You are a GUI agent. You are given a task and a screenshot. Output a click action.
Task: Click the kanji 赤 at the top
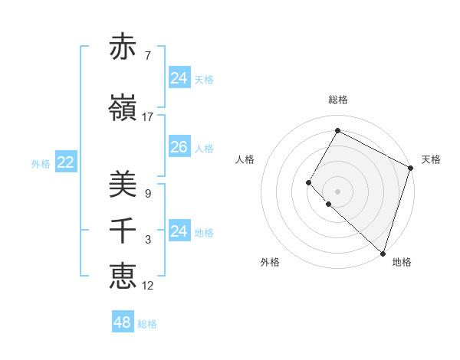point(123,47)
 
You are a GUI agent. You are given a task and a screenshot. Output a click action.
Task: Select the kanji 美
point(123,185)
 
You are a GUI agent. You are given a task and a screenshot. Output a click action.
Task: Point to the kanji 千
point(123,231)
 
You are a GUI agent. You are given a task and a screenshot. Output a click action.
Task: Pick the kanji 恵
point(123,275)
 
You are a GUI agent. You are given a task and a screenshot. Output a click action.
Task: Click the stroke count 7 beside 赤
point(147,56)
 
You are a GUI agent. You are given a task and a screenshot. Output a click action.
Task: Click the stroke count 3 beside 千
point(147,240)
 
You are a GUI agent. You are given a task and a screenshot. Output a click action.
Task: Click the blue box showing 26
point(179,147)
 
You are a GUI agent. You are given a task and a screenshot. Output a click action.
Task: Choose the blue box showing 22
point(65,162)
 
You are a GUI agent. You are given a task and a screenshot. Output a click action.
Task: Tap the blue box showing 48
point(122,322)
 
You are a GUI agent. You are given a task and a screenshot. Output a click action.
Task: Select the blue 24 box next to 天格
point(179,78)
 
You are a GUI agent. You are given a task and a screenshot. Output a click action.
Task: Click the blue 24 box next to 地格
point(179,231)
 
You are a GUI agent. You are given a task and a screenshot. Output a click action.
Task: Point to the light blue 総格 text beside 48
point(147,324)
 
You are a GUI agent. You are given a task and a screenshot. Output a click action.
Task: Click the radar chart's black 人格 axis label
point(245,159)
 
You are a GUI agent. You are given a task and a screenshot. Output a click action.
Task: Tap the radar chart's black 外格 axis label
point(270,262)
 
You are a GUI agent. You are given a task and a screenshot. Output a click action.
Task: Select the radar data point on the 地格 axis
point(383,253)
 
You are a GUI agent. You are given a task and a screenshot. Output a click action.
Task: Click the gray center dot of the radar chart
point(337,191)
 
